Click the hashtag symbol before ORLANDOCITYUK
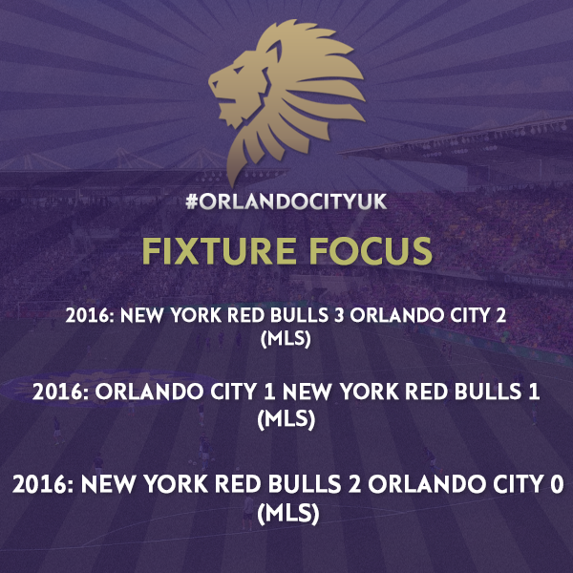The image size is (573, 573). coord(191,202)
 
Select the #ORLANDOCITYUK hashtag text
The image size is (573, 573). coord(286,202)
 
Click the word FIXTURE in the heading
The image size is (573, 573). coord(219,251)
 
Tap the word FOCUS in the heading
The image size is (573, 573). coord(371,251)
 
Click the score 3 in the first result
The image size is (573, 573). coord(339,315)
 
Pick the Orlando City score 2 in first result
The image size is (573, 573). coord(500,315)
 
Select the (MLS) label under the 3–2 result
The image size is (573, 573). coord(286,339)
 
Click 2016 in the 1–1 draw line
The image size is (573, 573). coord(60,393)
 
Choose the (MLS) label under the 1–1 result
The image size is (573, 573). coord(286,419)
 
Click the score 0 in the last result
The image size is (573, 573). coord(557,484)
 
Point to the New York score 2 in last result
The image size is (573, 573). coord(355,484)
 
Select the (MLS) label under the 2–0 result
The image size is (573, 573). coord(288,514)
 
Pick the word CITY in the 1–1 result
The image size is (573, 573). coord(233,393)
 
